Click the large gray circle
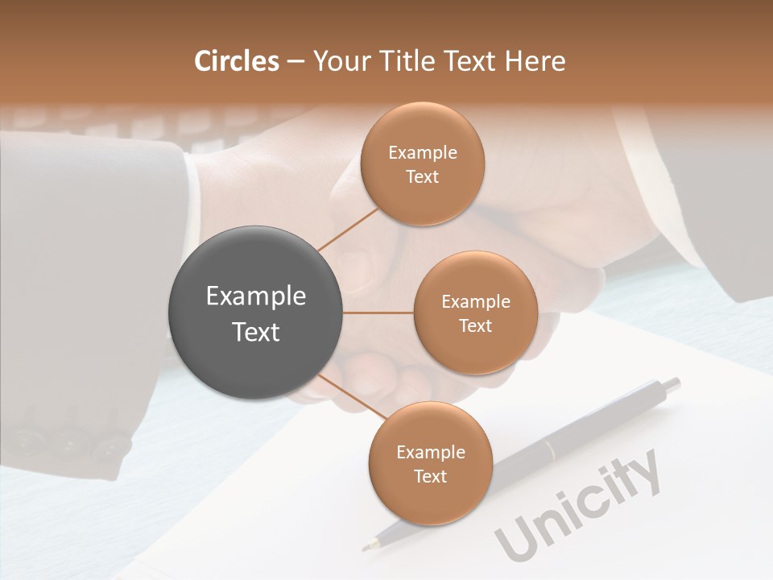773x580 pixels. pos(256,313)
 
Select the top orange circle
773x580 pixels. pos(422,164)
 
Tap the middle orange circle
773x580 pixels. pos(475,313)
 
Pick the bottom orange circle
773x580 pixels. pos(430,463)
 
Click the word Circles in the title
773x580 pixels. pos(237,61)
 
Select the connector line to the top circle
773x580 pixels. pos(349,227)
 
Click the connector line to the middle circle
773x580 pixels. pos(378,313)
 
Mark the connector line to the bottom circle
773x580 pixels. pos(351,396)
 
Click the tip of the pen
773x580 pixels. pos(366,547)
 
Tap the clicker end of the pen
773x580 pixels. pos(672,385)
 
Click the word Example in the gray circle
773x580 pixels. pos(256,296)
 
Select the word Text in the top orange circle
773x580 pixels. pos(422,176)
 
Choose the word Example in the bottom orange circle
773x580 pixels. pos(430,452)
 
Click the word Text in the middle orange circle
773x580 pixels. pos(475,325)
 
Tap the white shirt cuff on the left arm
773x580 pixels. pos(191,201)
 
